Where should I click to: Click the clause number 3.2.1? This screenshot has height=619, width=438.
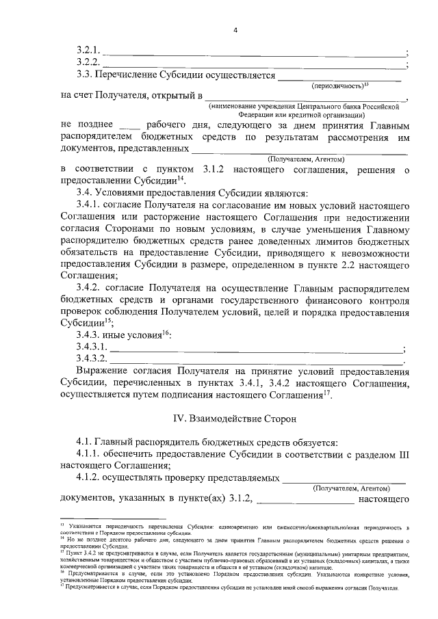[x=89, y=52]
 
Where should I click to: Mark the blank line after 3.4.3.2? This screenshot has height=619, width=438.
[x=256, y=360]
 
